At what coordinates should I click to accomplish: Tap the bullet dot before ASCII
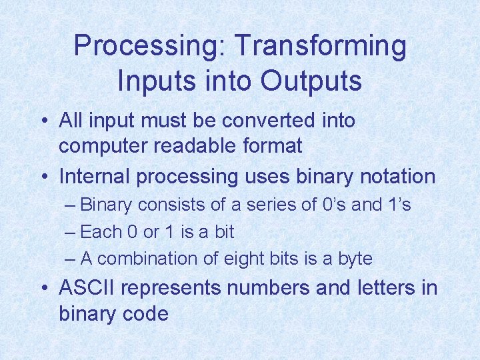coord(43,289)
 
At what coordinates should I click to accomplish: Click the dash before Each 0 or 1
coord(71,232)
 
